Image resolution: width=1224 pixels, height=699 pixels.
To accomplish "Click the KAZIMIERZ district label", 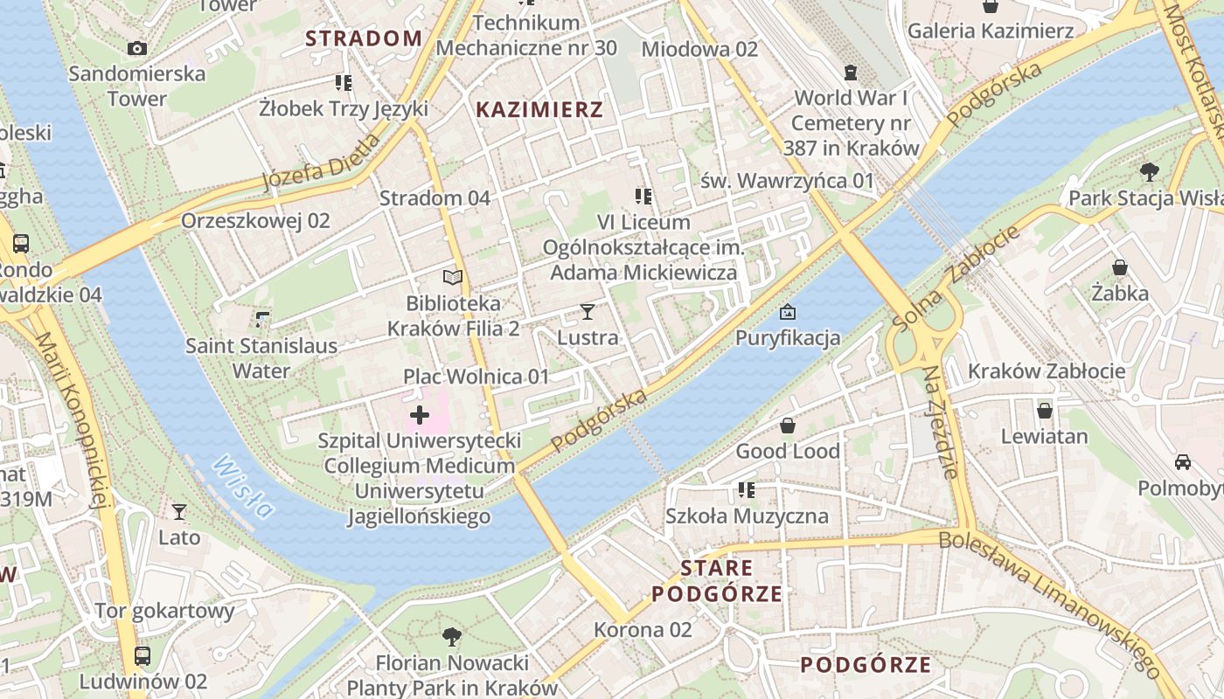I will (x=539, y=110).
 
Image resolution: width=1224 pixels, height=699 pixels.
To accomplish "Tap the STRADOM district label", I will (x=364, y=38).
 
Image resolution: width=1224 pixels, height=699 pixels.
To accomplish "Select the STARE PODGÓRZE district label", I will (x=717, y=581).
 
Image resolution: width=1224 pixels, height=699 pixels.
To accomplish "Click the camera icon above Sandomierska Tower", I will (x=137, y=48).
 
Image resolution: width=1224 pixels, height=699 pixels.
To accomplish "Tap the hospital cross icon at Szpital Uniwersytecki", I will (x=420, y=415).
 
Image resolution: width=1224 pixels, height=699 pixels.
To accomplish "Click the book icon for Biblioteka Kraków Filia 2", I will (x=452, y=278).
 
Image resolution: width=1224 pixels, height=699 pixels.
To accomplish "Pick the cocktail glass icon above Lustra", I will (x=588, y=312).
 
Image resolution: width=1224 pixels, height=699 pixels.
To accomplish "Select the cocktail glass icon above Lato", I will (x=179, y=511).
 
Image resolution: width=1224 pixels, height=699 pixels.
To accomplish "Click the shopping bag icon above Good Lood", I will (x=787, y=426).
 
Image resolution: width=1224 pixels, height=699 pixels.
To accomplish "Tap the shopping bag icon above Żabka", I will (x=1120, y=267).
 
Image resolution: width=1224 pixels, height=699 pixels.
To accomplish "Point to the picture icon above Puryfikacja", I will (x=787, y=312).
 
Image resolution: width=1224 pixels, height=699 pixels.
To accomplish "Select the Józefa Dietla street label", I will (x=322, y=163).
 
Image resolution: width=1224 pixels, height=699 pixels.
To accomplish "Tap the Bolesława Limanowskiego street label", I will (x=1049, y=600).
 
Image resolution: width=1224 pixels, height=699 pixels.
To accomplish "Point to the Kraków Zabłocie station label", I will (x=1047, y=371).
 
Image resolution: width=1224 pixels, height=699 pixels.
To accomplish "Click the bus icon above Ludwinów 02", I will (x=142, y=655).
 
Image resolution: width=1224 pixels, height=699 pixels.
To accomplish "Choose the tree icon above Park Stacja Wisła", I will (x=1149, y=172).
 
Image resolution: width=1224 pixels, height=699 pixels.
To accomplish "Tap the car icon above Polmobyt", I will (x=1182, y=461).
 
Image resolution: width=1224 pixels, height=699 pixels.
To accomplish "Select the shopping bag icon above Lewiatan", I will (x=1044, y=410).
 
